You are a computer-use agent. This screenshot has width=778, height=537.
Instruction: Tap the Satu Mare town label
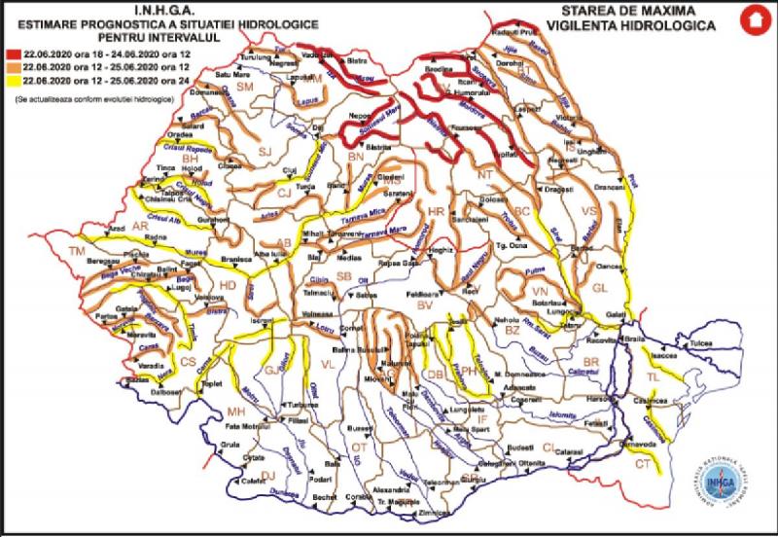tap(232, 74)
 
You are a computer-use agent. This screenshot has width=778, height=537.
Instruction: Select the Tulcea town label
tap(700, 343)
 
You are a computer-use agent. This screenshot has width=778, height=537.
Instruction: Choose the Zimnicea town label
tap(420, 511)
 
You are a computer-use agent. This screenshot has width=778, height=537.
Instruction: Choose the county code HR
tap(436, 210)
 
